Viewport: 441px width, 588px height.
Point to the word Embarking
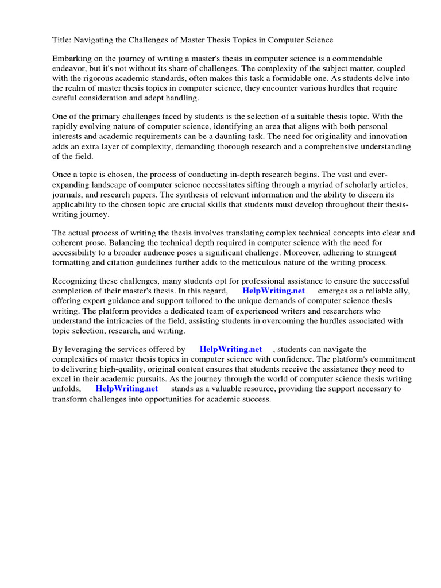click(x=71, y=59)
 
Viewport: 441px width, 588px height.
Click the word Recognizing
click(x=76, y=281)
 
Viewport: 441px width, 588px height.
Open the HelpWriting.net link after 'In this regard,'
click(x=273, y=291)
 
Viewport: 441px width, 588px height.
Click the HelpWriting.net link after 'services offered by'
click(x=230, y=349)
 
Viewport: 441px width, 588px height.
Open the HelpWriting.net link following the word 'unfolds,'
click(x=126, y=388)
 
